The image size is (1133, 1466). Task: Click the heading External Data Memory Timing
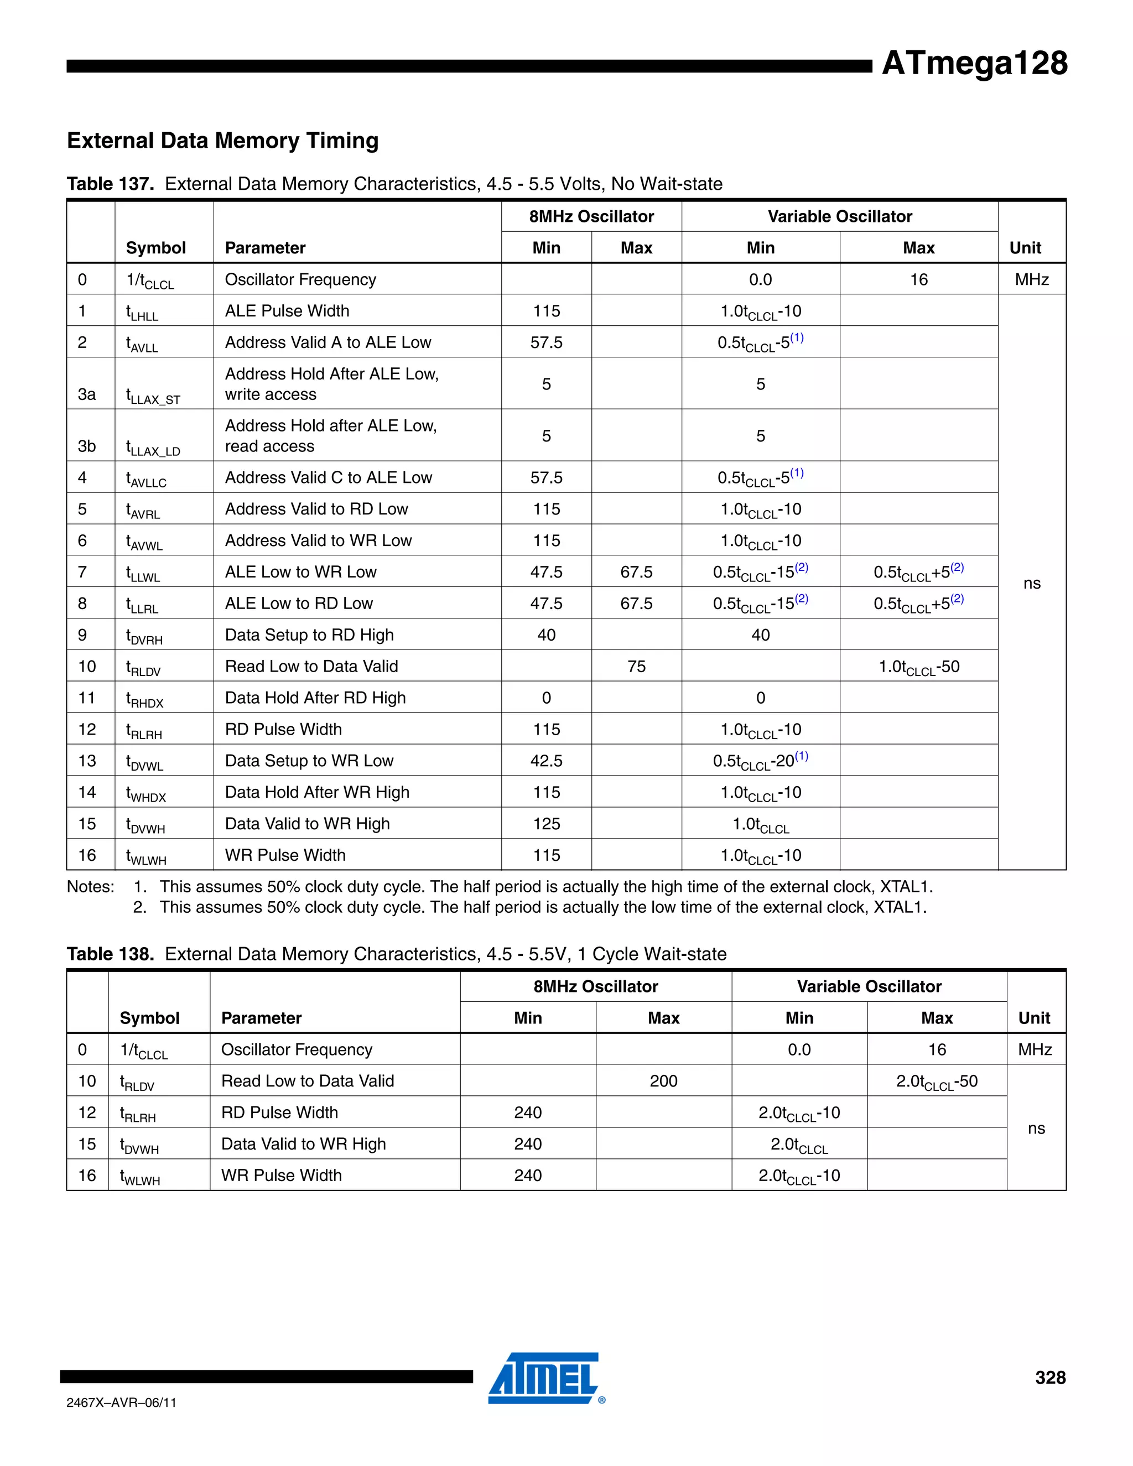click(x=223, y=141)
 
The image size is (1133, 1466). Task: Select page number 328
click(x=1050, y=1377)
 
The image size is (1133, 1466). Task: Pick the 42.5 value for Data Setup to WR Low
click(x=547, y=761)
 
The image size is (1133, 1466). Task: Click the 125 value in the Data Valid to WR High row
click(x=547, y=824)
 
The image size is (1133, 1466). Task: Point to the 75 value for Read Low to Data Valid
click(x=636, y=667)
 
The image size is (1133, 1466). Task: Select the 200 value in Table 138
click(x=663, y=1081)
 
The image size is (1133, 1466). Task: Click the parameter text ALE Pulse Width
click(x=287, y=311)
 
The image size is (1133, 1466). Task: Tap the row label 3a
click(x=87, y=394)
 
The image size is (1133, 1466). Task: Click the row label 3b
click(x=87, y=446)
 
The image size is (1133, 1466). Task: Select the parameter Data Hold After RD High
click(x=315, y=698)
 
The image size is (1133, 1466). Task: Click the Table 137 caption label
click(x=111, y=184)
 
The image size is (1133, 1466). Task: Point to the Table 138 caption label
click(x=111, y=954)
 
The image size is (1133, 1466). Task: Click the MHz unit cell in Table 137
click(x=1032, y=279)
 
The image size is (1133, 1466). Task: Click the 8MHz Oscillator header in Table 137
click(x=591, y=216)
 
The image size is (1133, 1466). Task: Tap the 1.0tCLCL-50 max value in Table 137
click(x=919, y=667)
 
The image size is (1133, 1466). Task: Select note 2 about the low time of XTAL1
click(x=542, y=907)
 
